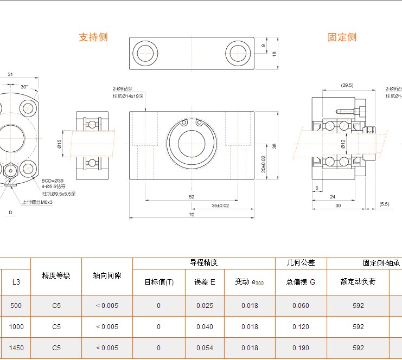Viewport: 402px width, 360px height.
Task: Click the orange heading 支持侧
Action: [93, 37]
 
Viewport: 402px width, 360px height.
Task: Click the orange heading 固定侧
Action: [342, 37]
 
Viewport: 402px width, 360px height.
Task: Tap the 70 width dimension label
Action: [192, 215]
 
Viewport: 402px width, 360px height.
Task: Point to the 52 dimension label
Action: [192, 197]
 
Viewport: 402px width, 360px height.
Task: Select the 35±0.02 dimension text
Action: [220, 205]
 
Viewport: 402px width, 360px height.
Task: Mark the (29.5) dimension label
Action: [347, 85]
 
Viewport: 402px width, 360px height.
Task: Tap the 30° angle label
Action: [24, 87]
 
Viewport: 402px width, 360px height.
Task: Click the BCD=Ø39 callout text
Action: [53, 181]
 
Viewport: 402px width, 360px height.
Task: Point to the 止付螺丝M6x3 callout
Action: [37, 202]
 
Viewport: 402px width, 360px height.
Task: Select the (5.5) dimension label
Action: [385, 204]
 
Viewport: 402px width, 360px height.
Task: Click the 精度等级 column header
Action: [56, 275]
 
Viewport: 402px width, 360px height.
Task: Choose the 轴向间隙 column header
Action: [107, 275]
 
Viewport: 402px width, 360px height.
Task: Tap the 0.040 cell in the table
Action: [205, 327]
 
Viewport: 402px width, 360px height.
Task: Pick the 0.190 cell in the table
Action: [301, 348]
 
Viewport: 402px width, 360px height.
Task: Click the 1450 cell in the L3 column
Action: [16, 348]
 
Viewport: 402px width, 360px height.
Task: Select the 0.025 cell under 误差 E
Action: [205, 306]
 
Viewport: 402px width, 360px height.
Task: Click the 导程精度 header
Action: [203, 262]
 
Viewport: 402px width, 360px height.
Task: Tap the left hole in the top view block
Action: [145, 53]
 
